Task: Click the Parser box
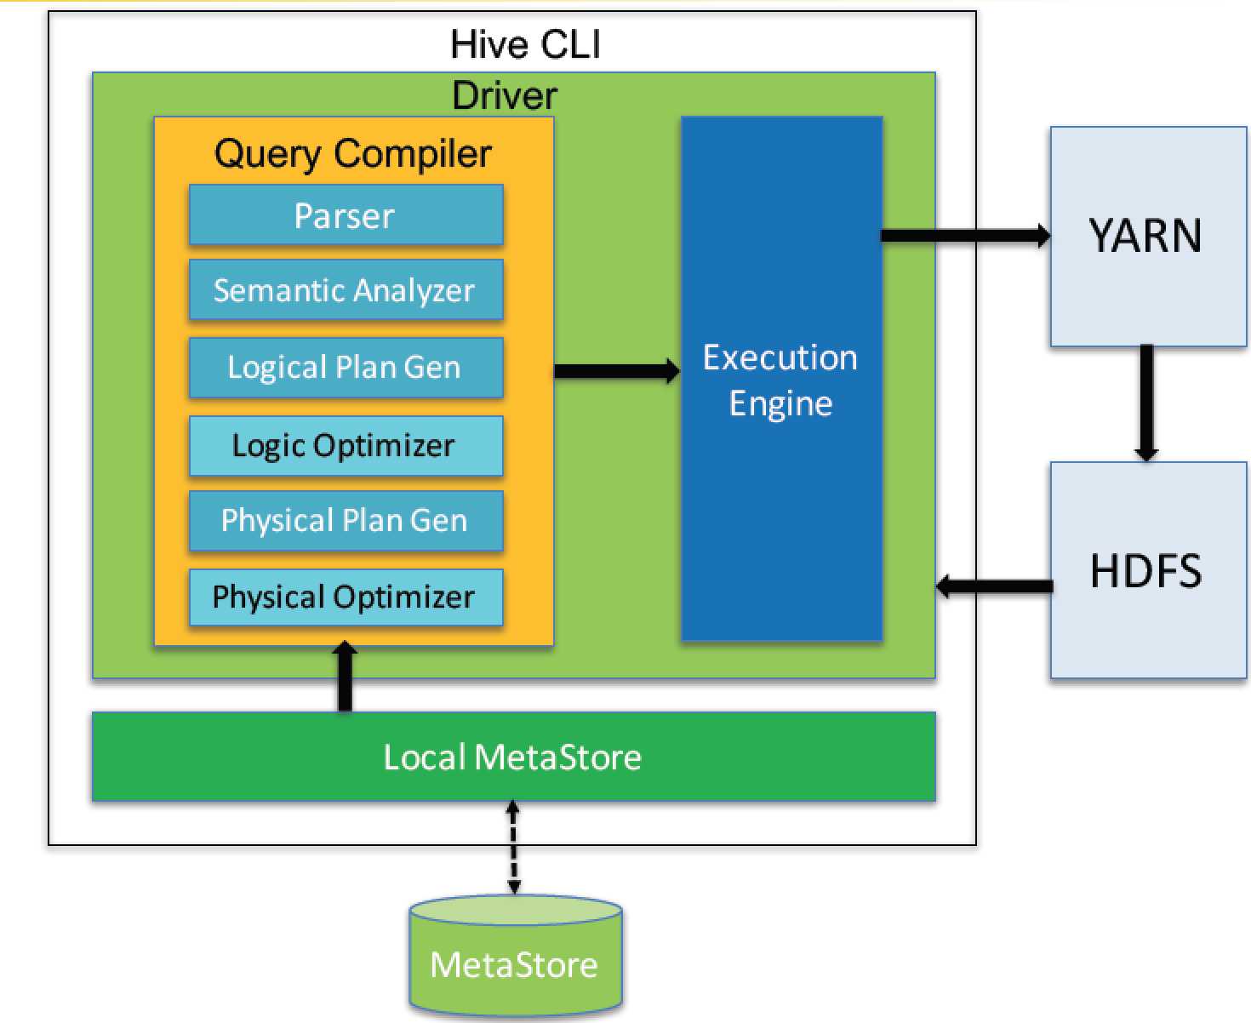click(x=346, y=215)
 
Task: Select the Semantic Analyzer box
click(x=346, y=290)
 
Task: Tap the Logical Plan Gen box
click(x=346, y=368)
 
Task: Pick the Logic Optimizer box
click(x=346, y=445)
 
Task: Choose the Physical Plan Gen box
click(x=346, y=520)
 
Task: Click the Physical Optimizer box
click(x=346, y=597)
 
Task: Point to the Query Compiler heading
click(x=352, y=154)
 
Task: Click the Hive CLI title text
click(x=525, y=44)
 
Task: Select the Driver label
click(x=505, y=95)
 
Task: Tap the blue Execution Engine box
click(x=781, y=379)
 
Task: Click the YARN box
click(x=1147, y=236)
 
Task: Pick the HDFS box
click(x=1147, y=570)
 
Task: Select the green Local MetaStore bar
click(x=513, y=757)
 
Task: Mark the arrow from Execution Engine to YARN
click(x=965, y=236)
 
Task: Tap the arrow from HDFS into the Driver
click(x=994, y=586)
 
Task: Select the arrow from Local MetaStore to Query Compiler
click(x=345, y=677)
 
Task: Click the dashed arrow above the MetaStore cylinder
click(x=513, y=848)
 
